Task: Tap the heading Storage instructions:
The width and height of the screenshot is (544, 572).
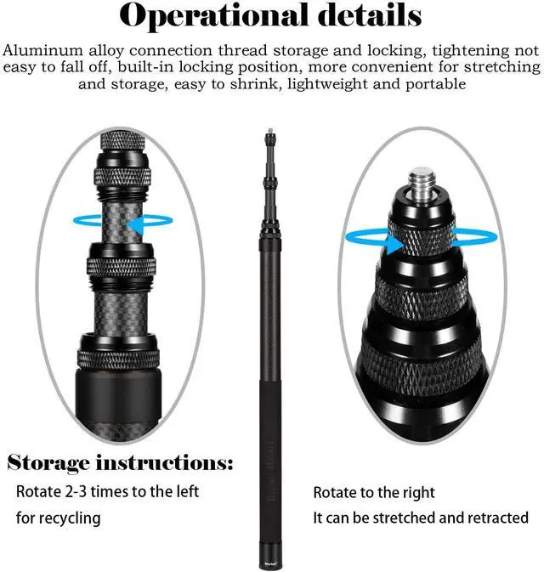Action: tap(120, 464)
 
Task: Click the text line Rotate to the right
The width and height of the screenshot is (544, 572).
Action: tap(374, 492)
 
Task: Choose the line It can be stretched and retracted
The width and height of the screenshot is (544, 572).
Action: tap(421, 518)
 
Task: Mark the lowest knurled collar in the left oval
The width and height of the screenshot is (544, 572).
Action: tap(119, 358)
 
